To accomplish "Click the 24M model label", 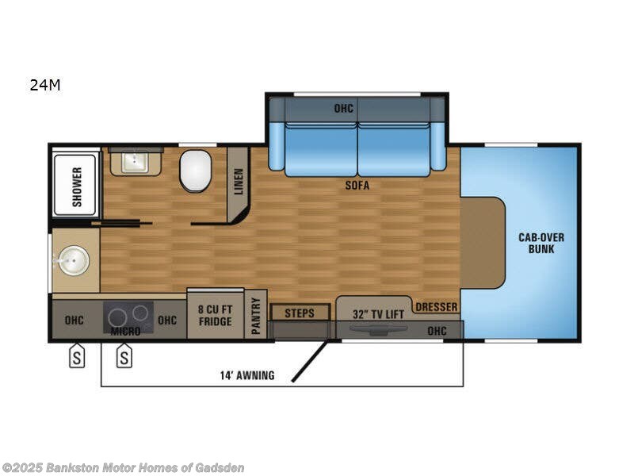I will tap(45, 86).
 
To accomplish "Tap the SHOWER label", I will tap(77, 186).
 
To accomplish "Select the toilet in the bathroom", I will tap(195, 172).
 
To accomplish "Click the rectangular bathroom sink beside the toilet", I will tap(136, 163).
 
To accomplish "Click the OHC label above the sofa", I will tap(343, 108).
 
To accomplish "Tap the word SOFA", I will tap(357, 186).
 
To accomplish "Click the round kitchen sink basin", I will tap(73, 259).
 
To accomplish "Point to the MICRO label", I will tap(125, 330).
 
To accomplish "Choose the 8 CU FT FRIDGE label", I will tap(215, 316).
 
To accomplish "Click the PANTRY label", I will tap(255, 316).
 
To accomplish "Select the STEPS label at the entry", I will tap(300, 313).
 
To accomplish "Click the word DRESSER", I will tap(437, 306).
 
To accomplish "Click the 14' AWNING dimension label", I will tap(247, 375).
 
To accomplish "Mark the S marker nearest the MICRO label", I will tap(124, 358).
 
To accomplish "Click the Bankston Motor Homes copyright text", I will tap(123, 467).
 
